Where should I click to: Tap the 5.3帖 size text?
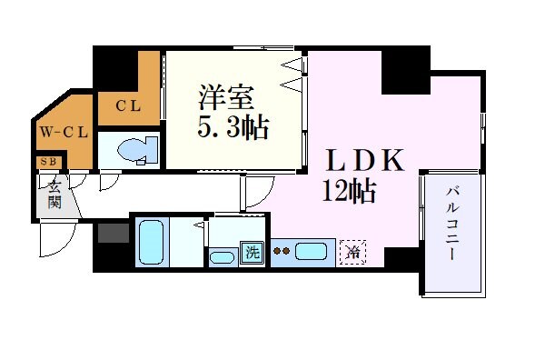pos(233,127)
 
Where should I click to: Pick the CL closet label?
pos(127,105)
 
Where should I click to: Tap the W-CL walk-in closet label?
pos(63,132)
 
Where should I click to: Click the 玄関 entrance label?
pos(54,193)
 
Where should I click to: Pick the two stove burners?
pos(282,252)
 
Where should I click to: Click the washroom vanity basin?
pos(222,257)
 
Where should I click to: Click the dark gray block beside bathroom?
pos(113,232)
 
